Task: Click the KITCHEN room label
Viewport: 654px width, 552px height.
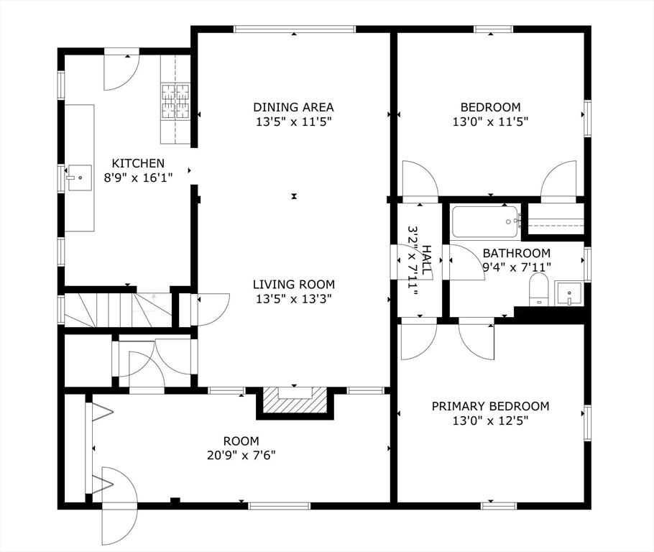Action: (138, 163)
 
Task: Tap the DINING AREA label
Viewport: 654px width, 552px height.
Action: (294, 107)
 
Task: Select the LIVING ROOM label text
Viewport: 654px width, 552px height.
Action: (294, 285)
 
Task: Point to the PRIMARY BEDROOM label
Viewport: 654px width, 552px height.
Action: (490, 406)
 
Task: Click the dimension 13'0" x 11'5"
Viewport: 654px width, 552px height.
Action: (490, 122)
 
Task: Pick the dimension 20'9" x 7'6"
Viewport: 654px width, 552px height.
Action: (241, 455)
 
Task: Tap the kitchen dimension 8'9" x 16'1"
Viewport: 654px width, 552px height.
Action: (138, 178)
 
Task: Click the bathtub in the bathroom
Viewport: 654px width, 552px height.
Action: (486, 222)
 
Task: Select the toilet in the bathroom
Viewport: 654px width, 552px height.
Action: (538, 290)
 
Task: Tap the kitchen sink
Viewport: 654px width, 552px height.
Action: (80, 178)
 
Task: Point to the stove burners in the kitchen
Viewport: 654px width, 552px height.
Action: (175, 101)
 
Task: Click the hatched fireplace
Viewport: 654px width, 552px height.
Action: (295, 400)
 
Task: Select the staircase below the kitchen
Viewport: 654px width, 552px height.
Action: (118, 310)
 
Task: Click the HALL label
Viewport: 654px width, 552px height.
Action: (427, 260)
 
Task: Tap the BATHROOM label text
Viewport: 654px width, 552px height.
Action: (516, 253)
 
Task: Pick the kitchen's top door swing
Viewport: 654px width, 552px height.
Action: (121, 72)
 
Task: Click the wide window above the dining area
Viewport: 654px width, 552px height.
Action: (295, 29)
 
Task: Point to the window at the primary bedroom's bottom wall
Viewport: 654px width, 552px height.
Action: (499, 506)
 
